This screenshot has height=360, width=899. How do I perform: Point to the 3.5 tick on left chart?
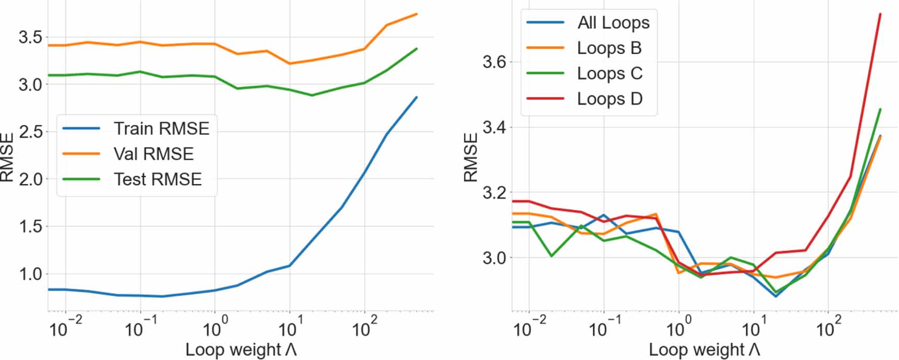click(x=30, y=37)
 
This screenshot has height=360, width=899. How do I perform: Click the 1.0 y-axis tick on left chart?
click(x=30, y=274)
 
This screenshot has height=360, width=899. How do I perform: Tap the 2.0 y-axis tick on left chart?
click(x=30, y=179)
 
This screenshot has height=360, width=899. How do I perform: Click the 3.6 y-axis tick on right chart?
click(x=494, y=62)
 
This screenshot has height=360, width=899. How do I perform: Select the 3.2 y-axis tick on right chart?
click(x=494, y=193)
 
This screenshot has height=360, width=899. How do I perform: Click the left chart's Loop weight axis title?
click(x=241, y=350)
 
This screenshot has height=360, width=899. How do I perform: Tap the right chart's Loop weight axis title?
click(x=704, y=350)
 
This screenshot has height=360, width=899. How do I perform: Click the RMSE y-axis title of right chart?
click(x=470, y=157)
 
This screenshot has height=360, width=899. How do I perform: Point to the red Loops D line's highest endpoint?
click(x=880, y=14)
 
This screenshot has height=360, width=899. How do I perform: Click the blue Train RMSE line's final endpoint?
click(x=417, y=97)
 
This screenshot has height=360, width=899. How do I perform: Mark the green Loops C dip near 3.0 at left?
click(x=552, y=256)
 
